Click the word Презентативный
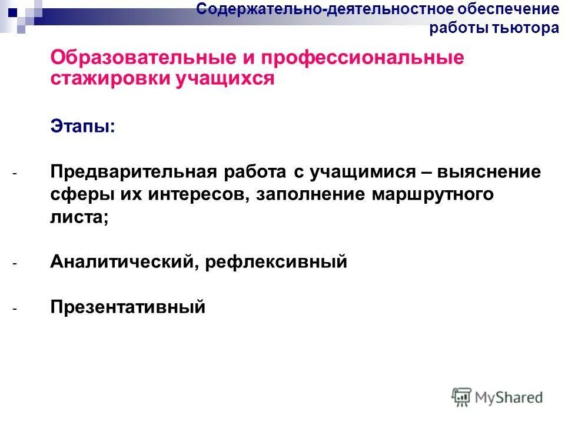(128, 307)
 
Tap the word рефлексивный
(277, 262)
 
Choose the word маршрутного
(432, 194)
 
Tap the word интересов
(199, 194)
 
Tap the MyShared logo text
(510, 397)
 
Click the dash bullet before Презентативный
(15, 307)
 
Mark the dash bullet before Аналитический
(15, 263)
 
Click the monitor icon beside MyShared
(462, 396)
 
